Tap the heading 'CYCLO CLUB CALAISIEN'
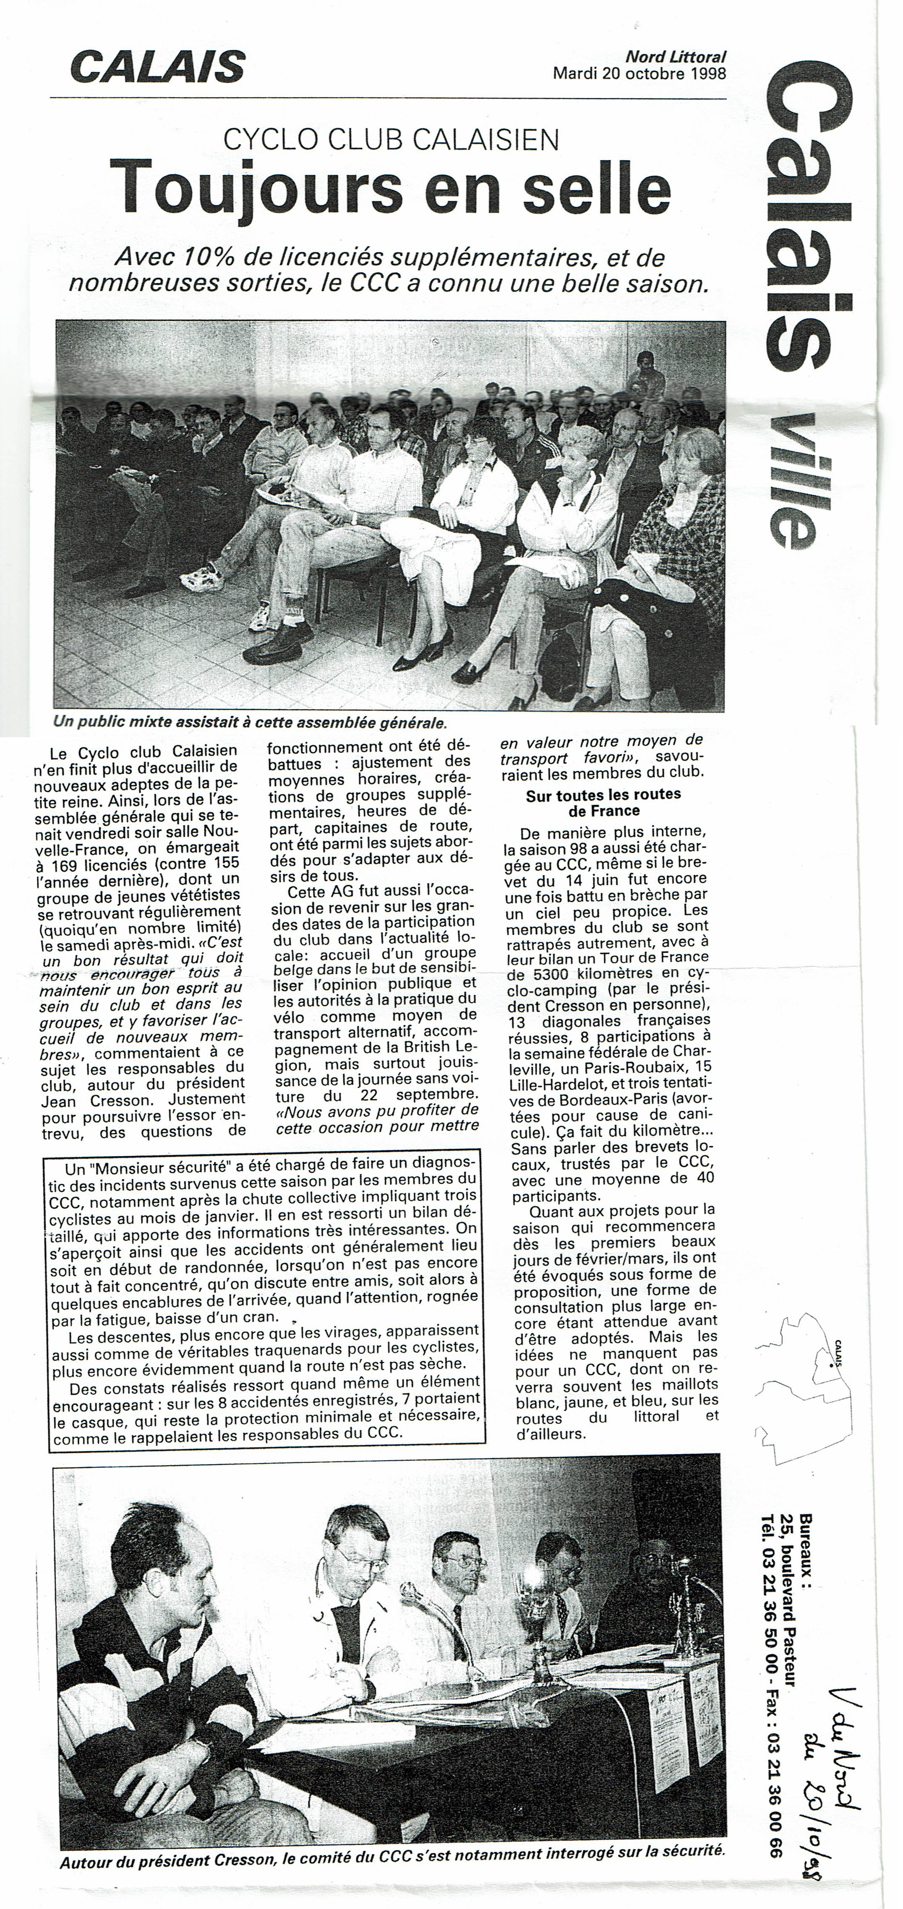tap(391, 139)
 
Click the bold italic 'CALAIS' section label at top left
tap(157, 68)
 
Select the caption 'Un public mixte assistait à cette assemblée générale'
tap(250, 721)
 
